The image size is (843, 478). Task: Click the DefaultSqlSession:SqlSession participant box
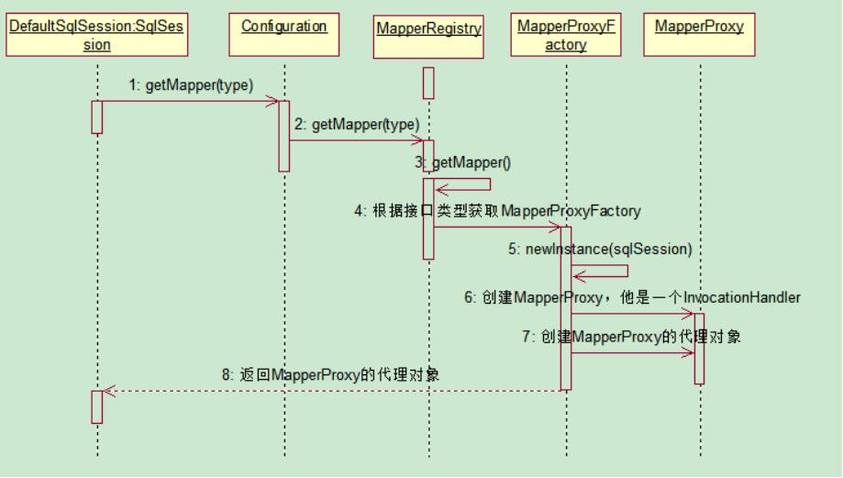pos(96,35)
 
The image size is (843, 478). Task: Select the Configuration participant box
pos(283,35)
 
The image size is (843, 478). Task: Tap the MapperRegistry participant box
pos(428,37)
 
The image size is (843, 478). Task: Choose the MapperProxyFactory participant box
pos(566,35)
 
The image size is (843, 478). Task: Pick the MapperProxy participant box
pos(700,35)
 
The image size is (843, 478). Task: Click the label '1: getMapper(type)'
pos(191,85)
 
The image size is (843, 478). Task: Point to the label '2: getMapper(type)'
pos(357,125)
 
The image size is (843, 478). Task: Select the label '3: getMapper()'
pos(463,162)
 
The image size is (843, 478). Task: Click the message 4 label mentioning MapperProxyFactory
pos(497,211)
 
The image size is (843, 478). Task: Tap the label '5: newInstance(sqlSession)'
pos(601,249)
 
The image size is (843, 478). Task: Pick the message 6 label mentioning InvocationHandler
pos(632,297)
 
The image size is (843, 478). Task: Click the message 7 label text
pos(632,337)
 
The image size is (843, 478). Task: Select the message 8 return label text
pos(330,374)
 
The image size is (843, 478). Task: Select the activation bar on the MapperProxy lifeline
pos(700,349)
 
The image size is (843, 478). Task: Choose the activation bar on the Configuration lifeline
pos(283,136)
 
